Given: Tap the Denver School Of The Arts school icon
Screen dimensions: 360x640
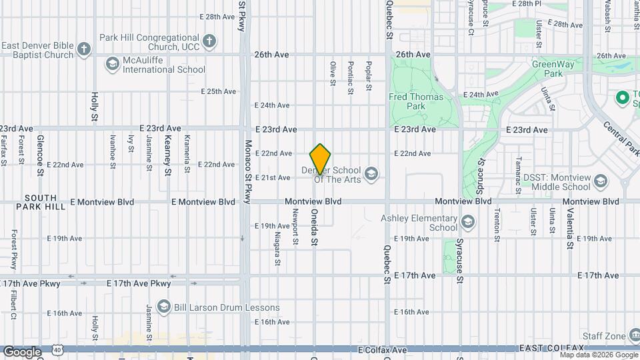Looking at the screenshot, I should click(371, 175).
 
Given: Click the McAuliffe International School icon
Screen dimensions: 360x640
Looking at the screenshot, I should click(112, 64).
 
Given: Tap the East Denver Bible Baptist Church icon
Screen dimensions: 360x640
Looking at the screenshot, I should click(83, 49).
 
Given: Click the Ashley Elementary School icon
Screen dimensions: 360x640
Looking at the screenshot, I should click(468, 222).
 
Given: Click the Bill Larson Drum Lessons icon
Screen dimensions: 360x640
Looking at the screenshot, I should click(163, 307).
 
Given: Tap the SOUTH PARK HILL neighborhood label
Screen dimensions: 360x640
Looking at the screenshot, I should click(45, 203).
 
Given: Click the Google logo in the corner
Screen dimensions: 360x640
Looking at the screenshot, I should click(21, 352).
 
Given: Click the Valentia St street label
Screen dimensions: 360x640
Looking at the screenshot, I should click(569, 229).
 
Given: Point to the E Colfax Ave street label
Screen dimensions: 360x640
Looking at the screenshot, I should click(382, 349).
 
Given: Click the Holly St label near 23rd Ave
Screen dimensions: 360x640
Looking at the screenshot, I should click(95, 107).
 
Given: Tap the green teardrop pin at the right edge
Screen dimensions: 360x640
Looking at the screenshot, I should click(623, 99).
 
